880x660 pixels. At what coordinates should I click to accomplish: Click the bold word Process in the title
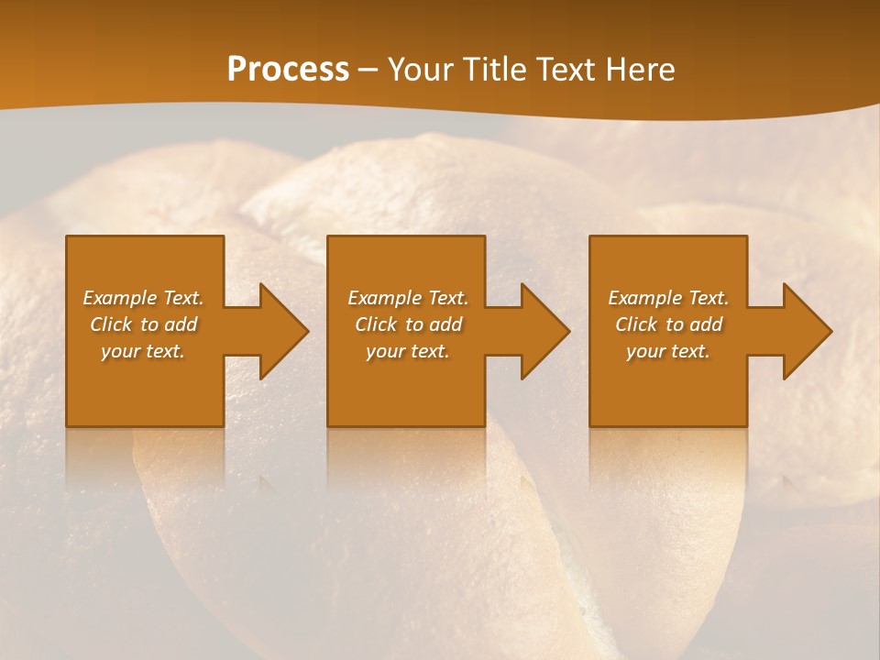(288, 70)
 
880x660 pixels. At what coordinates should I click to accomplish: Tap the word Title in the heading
(490, 70)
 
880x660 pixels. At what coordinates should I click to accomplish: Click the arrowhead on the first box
(280, 331)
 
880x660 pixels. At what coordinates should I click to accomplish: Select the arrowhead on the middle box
(542, 331)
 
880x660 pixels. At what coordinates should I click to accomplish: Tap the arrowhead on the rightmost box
(804, 331)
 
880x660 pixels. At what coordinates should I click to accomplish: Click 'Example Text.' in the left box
(143, 298)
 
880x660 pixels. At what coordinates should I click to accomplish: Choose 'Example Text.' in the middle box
(408, 298)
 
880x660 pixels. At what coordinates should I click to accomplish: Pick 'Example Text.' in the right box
(668, 298)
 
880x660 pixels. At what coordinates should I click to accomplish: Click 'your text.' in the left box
(143, 351)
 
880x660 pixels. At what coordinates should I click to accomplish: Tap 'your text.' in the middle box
(408, 351)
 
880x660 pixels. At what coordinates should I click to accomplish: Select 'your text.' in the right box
(668, 351)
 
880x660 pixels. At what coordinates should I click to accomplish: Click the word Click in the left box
(111, 324)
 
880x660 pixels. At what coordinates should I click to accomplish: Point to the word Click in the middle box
(376, 324)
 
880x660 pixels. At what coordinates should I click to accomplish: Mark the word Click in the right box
(636, 324)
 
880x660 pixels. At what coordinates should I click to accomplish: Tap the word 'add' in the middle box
(445, 324)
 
